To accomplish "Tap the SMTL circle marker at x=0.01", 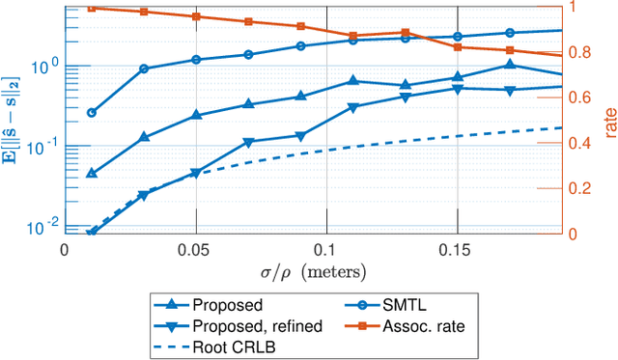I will click(92, 113).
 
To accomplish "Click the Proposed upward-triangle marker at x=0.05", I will click(196, 115).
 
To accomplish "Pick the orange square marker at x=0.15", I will click(457, 46).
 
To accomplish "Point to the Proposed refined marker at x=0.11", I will click(352, 107).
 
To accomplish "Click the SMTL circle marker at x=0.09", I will click(300, 45).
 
